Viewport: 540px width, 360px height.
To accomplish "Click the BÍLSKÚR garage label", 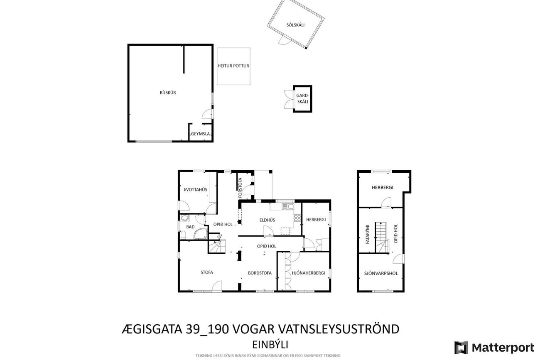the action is pos(168,93).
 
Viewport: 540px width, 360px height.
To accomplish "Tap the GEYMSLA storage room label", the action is pos(200,134).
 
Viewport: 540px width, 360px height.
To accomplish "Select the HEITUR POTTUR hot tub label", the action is pos(233,66).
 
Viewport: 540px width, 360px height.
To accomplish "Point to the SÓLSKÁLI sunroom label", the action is pos(295,25).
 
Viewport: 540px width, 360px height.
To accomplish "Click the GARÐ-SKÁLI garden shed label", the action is pos(302,98).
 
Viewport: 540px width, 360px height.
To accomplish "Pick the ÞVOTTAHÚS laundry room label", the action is pos(195,190).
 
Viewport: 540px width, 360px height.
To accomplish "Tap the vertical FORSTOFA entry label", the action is pos(240,188).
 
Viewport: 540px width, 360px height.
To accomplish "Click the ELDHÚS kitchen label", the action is pos(267,220).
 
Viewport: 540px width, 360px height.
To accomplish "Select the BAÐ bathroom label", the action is pos(190,227).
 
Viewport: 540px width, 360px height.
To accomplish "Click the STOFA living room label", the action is pos(207,272).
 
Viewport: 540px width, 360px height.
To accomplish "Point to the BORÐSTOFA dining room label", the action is pos(260,273).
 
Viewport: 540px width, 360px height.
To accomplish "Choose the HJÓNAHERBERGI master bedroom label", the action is pos(308,273).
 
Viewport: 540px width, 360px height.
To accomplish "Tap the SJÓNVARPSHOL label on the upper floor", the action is pos(381,274).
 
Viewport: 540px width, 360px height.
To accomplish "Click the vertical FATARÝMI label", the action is pos(367,234).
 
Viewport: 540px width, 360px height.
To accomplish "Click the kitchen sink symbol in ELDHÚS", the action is pos(288,206).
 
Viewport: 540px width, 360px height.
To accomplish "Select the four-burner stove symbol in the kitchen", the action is pos(297,218).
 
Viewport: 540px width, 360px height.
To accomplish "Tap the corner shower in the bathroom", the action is pos(201,233).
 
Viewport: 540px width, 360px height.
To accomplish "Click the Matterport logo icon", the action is pos(461,348).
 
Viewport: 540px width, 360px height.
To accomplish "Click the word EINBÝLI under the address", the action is pos(270,345).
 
